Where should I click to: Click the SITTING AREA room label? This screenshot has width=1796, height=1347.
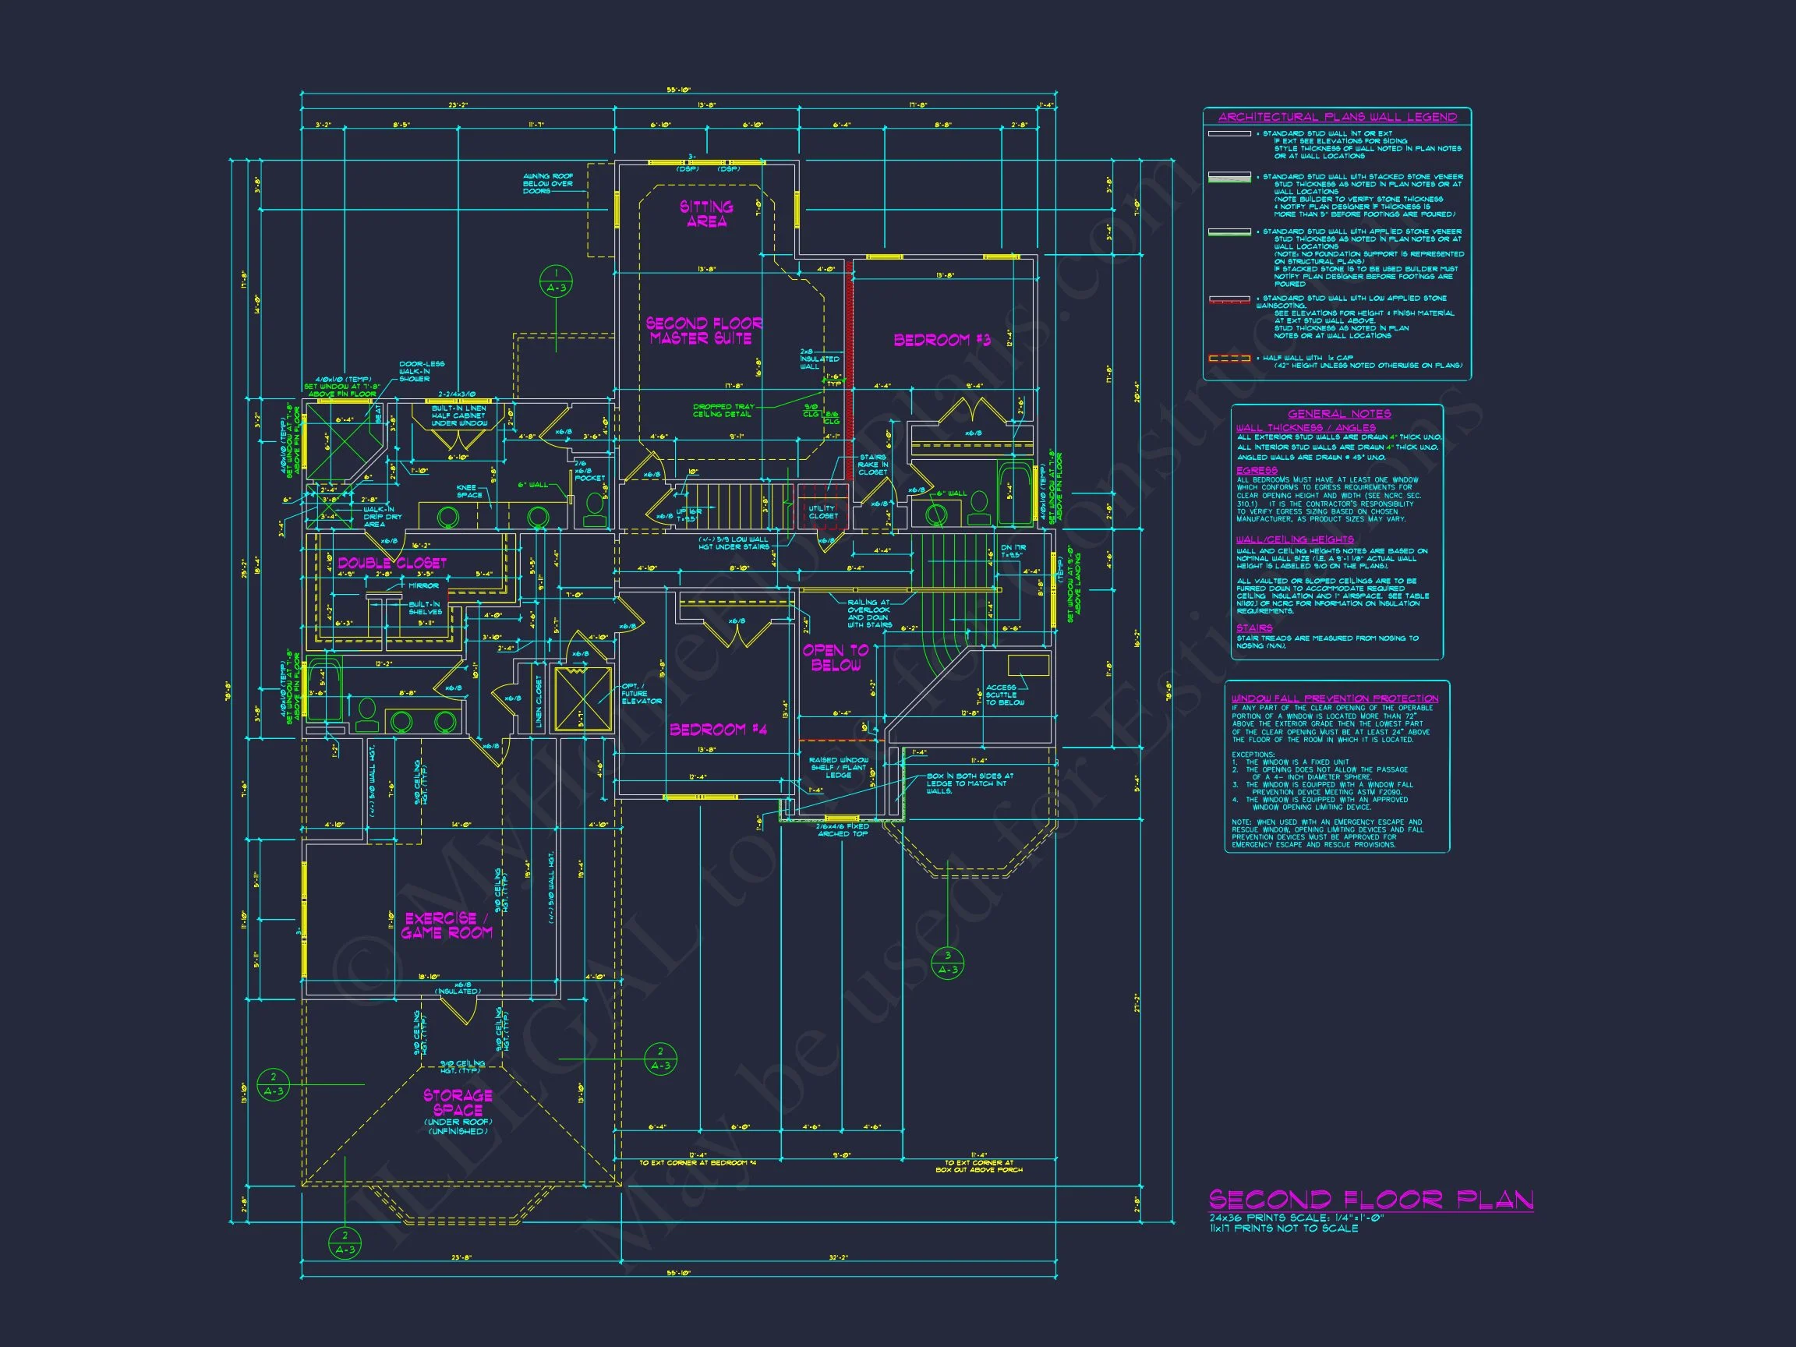tap(705, 214)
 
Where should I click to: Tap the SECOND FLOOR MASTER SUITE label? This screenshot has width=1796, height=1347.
tap(703, 331)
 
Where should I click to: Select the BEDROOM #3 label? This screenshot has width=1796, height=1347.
tap(942, 340)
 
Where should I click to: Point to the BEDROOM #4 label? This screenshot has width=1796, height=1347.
tap(718, 729)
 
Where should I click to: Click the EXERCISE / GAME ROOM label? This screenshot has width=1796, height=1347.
tap(447, 925)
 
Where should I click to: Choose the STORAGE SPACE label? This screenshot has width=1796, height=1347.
tap(458, 1102)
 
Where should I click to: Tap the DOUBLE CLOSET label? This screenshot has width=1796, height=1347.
tap(392, 563)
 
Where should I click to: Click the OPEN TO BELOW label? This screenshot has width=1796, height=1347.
tap(836, 657)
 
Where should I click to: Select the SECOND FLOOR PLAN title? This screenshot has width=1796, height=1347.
tap(1370, 1200)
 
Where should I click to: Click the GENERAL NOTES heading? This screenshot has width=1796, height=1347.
tap(1338, 414)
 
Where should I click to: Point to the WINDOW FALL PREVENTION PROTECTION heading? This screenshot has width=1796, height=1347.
tap(1334, 698)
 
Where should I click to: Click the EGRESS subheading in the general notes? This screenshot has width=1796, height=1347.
tap(1256, 470)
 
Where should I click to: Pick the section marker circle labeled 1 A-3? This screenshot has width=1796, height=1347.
tap(556, 281)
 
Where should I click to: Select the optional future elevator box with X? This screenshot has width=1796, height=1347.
tap(582, 698)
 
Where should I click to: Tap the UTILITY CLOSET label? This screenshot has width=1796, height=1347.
tap(822, 511)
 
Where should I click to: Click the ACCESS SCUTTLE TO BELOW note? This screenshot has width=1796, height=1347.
tap(1004, 695)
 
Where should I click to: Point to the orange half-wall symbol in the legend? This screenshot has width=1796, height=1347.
tap(1229, 358)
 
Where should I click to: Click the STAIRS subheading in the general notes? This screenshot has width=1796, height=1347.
tap(1254, 628)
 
